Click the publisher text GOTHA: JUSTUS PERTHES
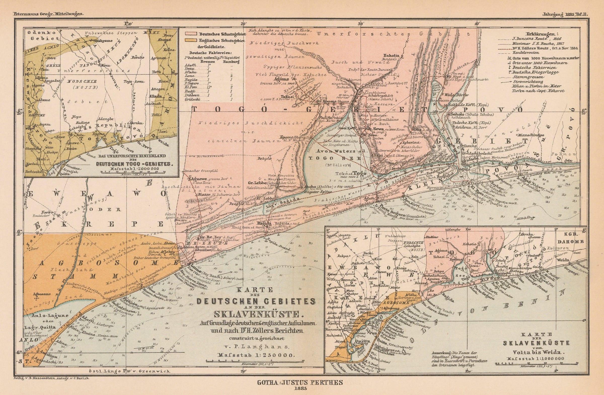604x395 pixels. point(300,383)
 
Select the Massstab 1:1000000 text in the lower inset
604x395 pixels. point(536,359)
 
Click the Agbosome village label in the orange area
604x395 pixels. point(42,294)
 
